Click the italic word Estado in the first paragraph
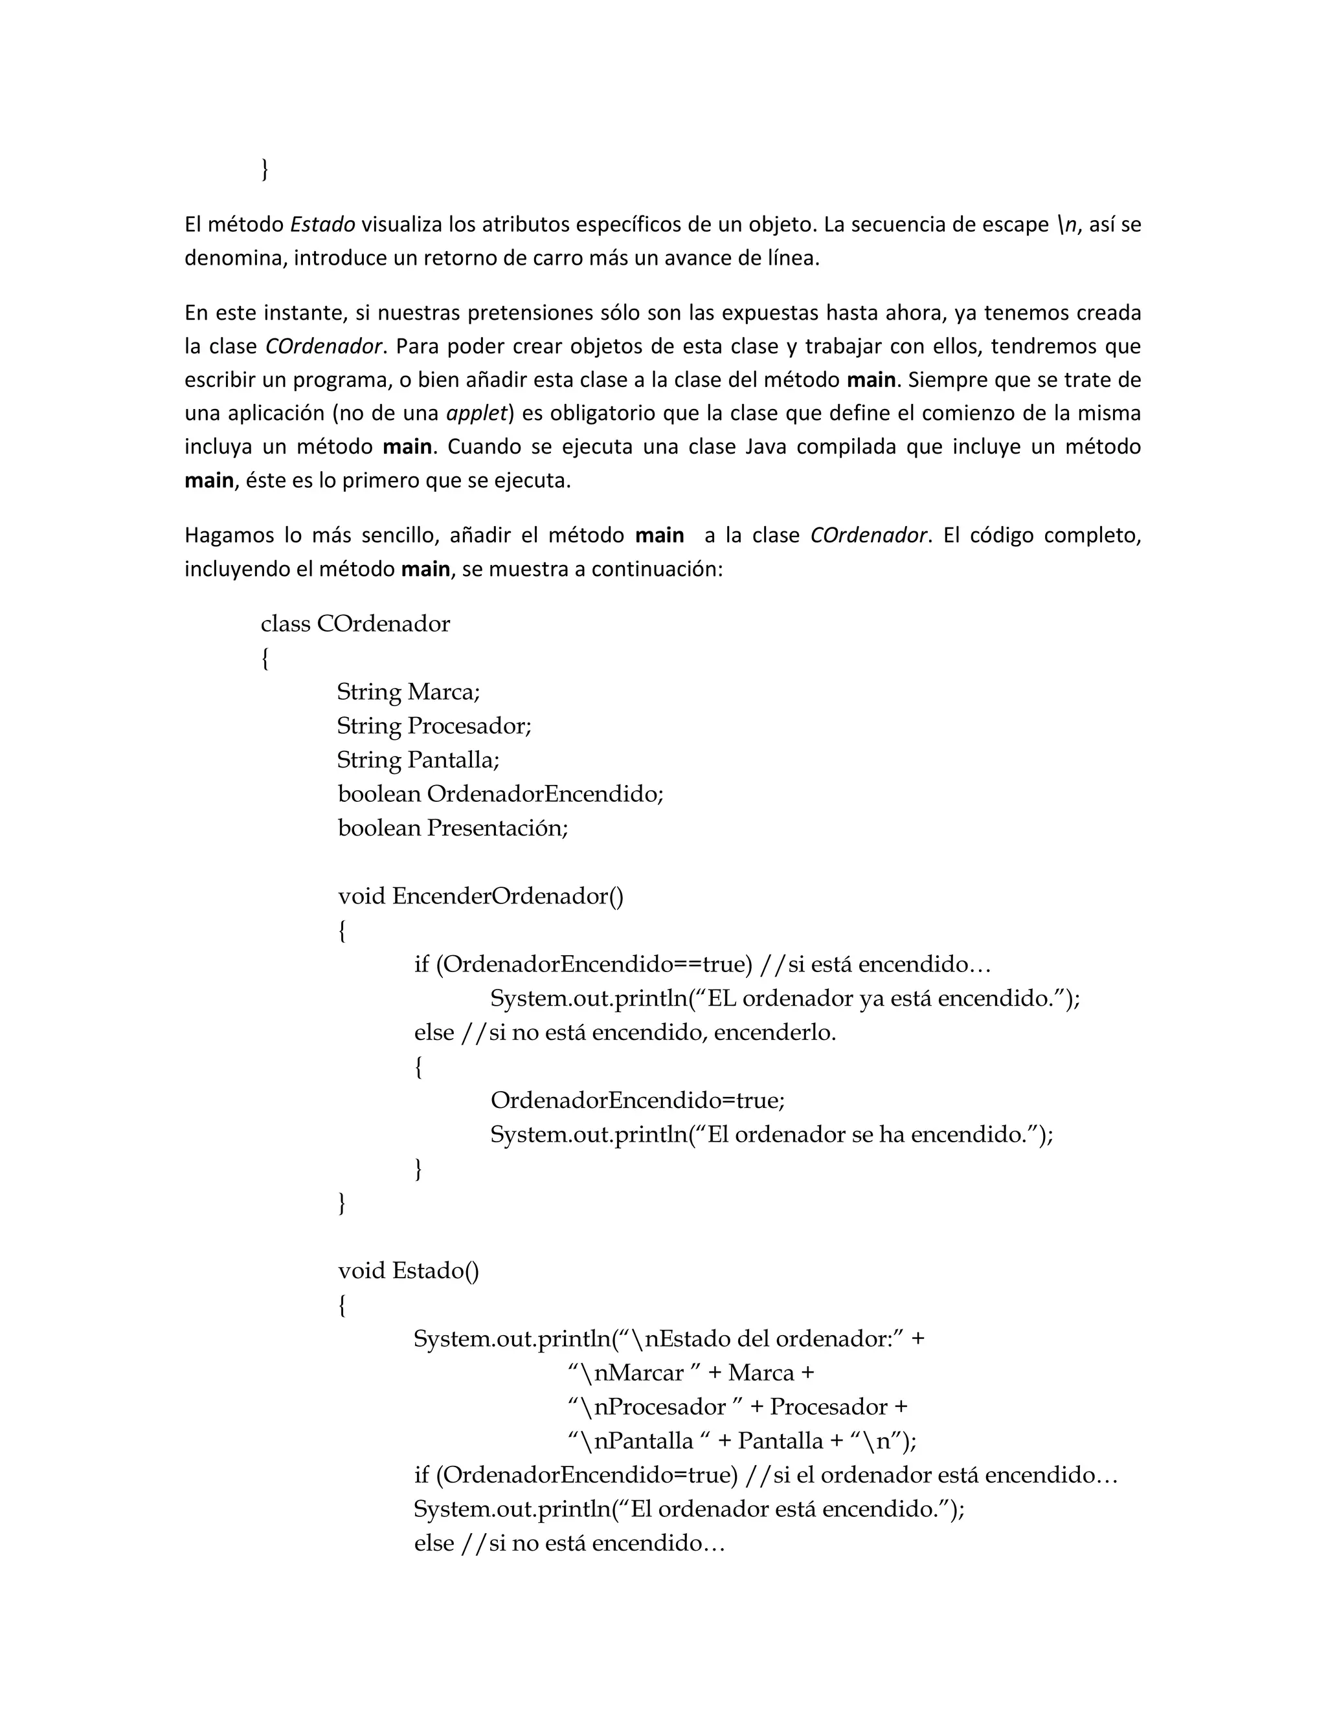click(323, 225)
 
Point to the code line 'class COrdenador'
click(355, 625)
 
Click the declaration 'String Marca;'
click(408, 692)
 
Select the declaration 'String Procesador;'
click(434, 726)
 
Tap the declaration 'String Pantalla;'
click(418, 760)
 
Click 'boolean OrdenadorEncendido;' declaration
click(500, 794)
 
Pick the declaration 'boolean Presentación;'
click(453, 828)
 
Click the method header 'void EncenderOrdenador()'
click(480, 896)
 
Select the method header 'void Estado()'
click(408, 1270)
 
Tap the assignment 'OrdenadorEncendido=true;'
click(637, 1100)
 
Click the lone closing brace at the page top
click(265, 169)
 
